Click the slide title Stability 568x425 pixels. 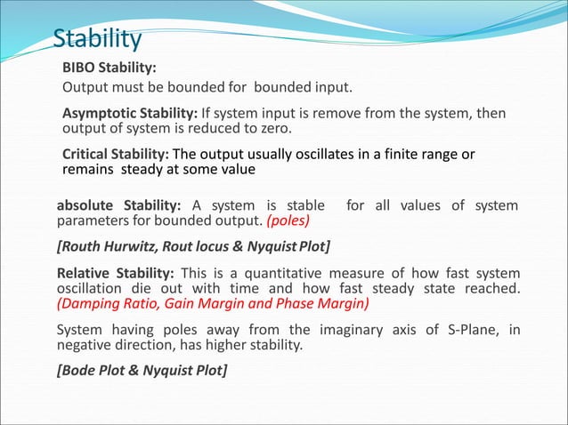(x=97, y=40)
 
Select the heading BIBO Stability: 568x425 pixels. (x=110, y=68)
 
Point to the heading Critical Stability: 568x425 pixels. (x=116, y=154)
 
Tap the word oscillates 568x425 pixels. (x=298, y=154)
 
